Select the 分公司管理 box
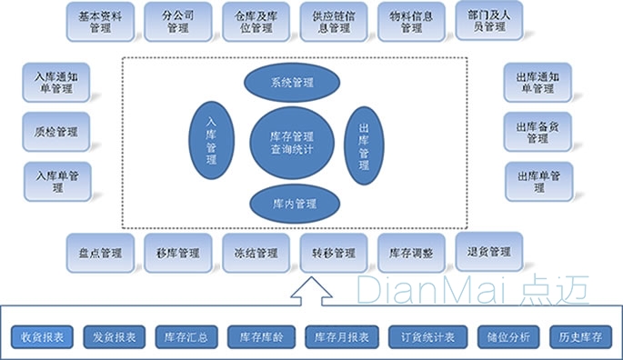click(x=177, y=21)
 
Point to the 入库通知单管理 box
click(x=55, y=82)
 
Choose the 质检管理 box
click(x=55, y=132)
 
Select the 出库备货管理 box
click(x=538, y=133)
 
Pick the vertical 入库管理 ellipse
click(x=212, y=141)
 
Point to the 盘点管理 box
click(x=100, y=252)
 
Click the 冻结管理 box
click(x=256, y=252)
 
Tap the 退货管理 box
click(x=489, y=251)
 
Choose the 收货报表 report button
click(x=43, y=337)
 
